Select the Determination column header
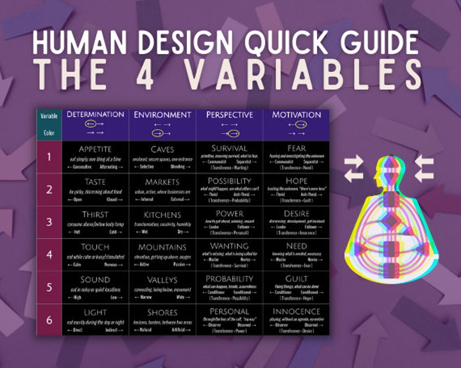95,115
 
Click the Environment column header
163,115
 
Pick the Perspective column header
229,115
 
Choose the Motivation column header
296,115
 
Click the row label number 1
49,156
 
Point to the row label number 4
49,255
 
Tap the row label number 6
49,320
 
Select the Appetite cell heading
95,149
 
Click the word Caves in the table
163,149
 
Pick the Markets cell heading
163,182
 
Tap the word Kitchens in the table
163,214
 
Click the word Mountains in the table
163,247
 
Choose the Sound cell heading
95,280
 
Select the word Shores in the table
163,312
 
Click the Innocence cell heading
296,312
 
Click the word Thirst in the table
95,214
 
